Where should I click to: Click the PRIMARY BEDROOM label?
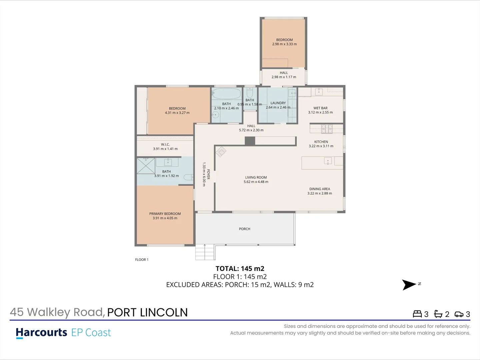click(165, 214)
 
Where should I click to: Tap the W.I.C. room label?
click(165, 145)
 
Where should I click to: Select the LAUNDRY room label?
click(278, 103)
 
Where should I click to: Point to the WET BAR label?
click(320, 108)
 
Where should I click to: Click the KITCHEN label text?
click(321, 142)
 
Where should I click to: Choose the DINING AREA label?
click(320, 189)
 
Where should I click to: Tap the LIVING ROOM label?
click(256, 178)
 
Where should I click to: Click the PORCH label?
click(245, 229)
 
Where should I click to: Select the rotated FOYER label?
click(208, 174)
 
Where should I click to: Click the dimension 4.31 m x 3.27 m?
click(177, 113)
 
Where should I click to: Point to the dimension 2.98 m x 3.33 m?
click(284, 44)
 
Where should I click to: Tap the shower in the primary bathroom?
click(146, 166)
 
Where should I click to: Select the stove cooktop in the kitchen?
click(327, 128)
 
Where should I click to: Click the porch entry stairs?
click(204, 252)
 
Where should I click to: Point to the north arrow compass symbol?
click(409, 285)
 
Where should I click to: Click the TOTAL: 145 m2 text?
click(240, 269)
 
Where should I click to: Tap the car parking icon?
click(459, 314)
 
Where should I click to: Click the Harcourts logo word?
click(42, 333)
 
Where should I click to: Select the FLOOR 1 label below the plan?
click(142, 260)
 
